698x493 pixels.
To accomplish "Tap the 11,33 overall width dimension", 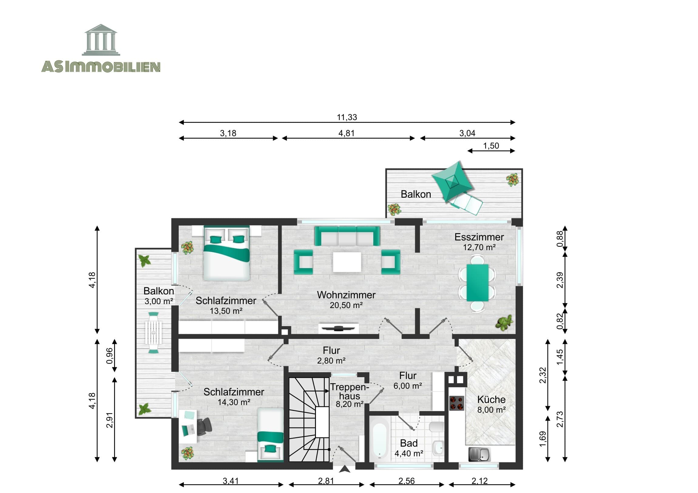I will coord(347,117).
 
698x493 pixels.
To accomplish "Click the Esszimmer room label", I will coord(479,237).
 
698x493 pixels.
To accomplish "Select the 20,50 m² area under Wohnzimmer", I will coord(346,305).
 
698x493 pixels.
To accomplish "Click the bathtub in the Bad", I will coord(379,437).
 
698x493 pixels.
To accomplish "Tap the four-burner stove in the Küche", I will coord(457,403).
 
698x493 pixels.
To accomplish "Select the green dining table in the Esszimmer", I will coord(477,283).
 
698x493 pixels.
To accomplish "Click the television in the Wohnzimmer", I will coord(338,328).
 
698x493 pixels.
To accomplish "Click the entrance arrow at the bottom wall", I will coord(344,469).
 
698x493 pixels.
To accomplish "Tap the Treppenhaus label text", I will coord(350,391).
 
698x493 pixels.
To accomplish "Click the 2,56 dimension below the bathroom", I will coord(406,481).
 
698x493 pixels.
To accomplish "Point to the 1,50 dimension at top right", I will coord(491,146).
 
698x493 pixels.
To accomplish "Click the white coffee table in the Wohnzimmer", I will coord(347,262).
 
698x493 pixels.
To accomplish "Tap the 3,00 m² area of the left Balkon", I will coord(159,301).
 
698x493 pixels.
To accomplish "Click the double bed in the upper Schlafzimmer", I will coord(226,254).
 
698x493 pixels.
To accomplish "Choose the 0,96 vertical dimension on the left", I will coord(110,356).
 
